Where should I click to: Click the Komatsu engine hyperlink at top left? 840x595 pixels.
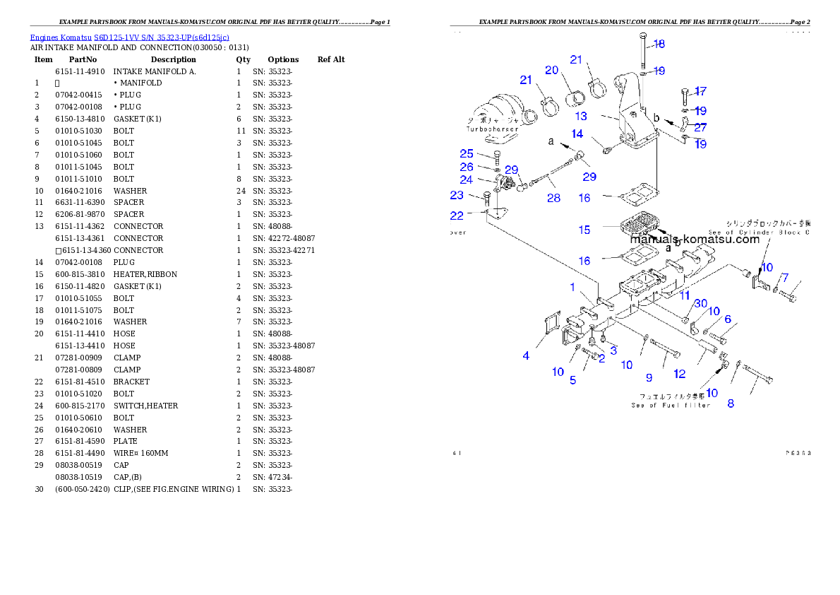click(129, 37)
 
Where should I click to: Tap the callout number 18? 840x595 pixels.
click(659, 44)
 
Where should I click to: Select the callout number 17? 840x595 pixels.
click(700, 91)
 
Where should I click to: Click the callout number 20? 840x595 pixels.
click(551, 70)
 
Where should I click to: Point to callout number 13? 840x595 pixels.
click(580, 117)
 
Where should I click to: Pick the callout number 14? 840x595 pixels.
click(577, 134)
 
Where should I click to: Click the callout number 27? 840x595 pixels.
click(699, 127)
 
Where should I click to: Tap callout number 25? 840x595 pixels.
click(467, 153)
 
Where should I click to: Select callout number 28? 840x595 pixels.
click(553, 198)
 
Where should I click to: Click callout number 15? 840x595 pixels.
click(584, 230)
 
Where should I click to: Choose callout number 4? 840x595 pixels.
click(526, 355)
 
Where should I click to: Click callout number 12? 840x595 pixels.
click(679, 373)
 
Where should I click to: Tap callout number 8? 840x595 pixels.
click(731, 403)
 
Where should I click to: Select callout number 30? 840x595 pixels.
click(700, 303)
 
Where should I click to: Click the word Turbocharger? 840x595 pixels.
click(491, 129)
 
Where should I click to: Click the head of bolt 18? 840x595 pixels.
click(642, 35)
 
